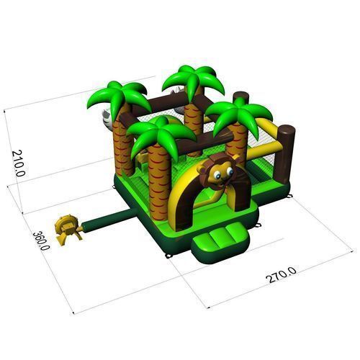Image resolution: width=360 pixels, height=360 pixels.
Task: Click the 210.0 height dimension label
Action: (x=18, y=163)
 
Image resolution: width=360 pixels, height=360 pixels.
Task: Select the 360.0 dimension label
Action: (x=41, y=240)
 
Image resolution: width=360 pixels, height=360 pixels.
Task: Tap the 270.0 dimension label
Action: (x=281, y=275)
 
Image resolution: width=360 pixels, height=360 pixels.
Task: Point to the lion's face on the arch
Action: (x=217, y=171)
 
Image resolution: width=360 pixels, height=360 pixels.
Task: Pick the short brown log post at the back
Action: (x=240, y=99)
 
